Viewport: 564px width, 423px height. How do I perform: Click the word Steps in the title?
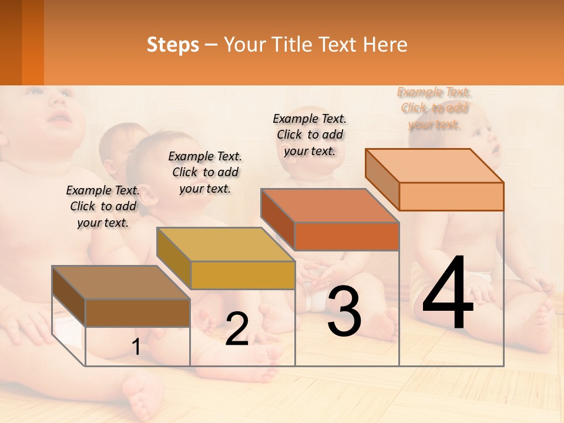tap(173, 45)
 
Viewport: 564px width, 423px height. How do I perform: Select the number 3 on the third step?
tap(344, 311)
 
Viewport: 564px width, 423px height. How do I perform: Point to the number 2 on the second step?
tap(237, 329)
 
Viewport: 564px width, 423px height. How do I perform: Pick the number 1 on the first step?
tap(136, 347)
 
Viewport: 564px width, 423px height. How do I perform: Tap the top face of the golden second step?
tap(226, 244)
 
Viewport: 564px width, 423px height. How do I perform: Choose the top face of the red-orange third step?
tap(330, 206)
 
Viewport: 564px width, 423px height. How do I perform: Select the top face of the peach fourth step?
tap(435, 166)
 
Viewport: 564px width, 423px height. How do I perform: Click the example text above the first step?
tap(103, 206)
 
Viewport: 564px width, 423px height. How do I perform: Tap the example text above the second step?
tap(205, 172)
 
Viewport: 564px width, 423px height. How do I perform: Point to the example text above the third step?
tap(310, 135)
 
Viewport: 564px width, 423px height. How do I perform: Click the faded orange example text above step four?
tap(434, 108)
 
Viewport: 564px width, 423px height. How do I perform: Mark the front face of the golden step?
tap(243, 275)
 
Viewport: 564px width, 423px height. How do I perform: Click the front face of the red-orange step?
tap(347, 236)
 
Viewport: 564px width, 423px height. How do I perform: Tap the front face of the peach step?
tap(451, 196)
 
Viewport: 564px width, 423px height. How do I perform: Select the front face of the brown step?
tap(138, 313)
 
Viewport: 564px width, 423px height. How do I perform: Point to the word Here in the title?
tap(385, 45)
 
